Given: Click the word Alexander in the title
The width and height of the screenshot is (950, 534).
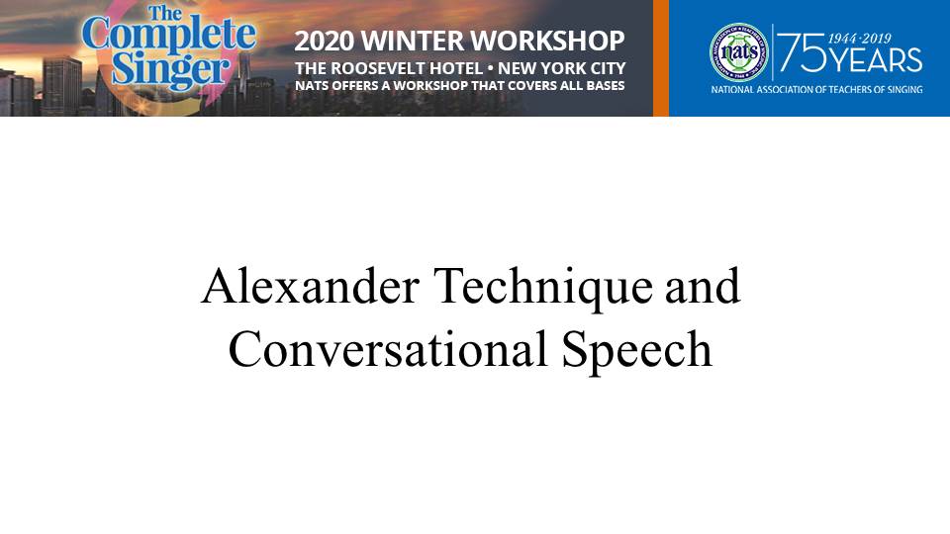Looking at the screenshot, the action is tap(311, 287).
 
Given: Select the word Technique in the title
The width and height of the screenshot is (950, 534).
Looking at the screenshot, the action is tap(544, 289).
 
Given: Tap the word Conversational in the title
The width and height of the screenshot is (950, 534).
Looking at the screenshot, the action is tap(388, 349).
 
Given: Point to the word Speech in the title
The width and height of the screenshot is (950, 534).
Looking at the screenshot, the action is tap(636, 352).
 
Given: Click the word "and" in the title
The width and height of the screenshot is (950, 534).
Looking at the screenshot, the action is tap(703, 287).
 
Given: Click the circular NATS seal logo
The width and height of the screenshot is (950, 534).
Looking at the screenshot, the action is tap(738, 52).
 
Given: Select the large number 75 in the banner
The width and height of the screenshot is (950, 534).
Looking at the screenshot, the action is tap(802, 52).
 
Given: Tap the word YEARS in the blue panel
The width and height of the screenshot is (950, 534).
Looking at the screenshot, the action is tap(875, 60).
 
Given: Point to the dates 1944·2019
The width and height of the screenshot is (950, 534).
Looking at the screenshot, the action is tap(860, 39).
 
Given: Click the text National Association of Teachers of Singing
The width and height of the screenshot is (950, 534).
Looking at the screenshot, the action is tap(816, 90).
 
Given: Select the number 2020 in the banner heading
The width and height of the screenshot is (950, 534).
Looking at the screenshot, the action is tap(325, 42).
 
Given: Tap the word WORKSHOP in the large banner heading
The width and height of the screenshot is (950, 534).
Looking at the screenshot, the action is tap(548, 42).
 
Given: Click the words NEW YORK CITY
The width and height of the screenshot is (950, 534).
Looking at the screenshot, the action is tap(562, 68).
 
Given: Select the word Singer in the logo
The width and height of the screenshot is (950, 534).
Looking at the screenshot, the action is tap(171, 71).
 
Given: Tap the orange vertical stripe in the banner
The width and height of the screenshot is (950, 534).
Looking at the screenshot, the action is tap(661, 58).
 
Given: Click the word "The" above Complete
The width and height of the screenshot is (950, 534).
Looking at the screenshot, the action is tap(165, 13).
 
